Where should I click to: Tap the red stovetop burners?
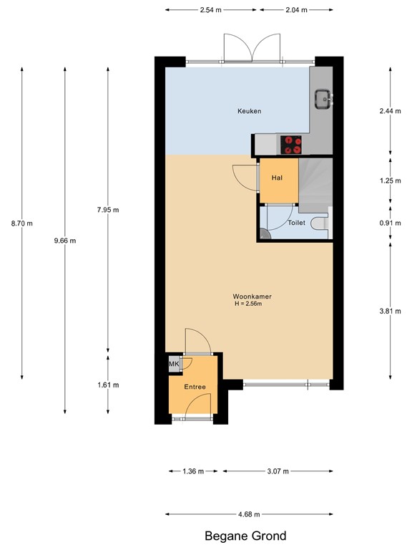pos(291,145)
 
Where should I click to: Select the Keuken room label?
pos(250,111)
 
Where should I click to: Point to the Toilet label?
pos(296,223)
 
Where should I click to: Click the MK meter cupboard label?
pos(173,364)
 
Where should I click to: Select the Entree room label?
pos(195,387)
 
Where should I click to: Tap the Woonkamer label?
pos(252,296)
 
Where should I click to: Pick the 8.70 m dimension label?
pos(22,223)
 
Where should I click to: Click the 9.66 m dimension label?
pos(65,241)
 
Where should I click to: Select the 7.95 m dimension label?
pos(108,210)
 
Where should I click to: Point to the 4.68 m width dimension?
pos(248,514)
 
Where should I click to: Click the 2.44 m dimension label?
pos(390,111)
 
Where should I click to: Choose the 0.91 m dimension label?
pos(390,223)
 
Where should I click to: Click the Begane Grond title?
pos(245,536)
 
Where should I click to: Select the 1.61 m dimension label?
pos(108,385)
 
